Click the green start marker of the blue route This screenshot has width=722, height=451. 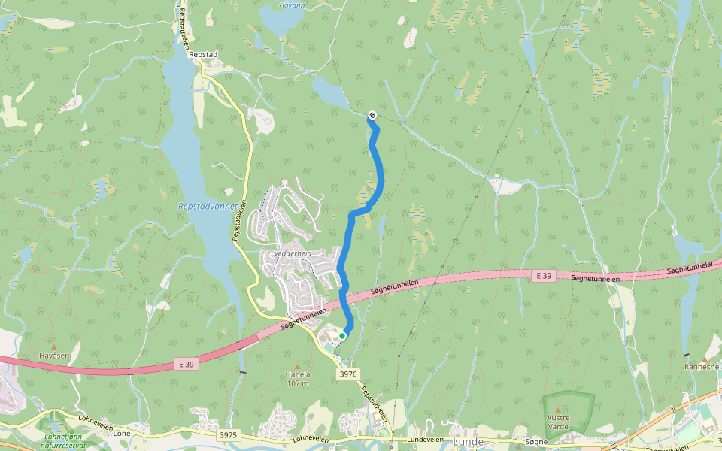pos(342,336)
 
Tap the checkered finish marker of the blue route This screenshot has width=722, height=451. pos(372,115)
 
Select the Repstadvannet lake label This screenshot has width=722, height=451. pos(208,206)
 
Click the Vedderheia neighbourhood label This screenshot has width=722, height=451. pos(293,254)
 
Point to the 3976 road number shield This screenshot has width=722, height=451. pos(347,374)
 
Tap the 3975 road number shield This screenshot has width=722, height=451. pos(229,435)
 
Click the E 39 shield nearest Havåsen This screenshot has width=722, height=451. pos(187,364)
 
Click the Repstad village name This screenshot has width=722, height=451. pos(203,55)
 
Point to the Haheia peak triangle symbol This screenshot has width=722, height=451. pos(297,366)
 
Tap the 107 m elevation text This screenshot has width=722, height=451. pos(297,383)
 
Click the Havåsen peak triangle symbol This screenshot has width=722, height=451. pos(53,347)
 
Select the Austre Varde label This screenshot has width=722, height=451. pos(558,422)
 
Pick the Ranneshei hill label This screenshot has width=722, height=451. pos(702,367)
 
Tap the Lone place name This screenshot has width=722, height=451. pos(122,434)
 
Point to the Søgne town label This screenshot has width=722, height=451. pos(537,442)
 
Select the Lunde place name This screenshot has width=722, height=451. pos(467,443)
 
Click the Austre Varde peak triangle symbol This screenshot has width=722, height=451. pos(558,409)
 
